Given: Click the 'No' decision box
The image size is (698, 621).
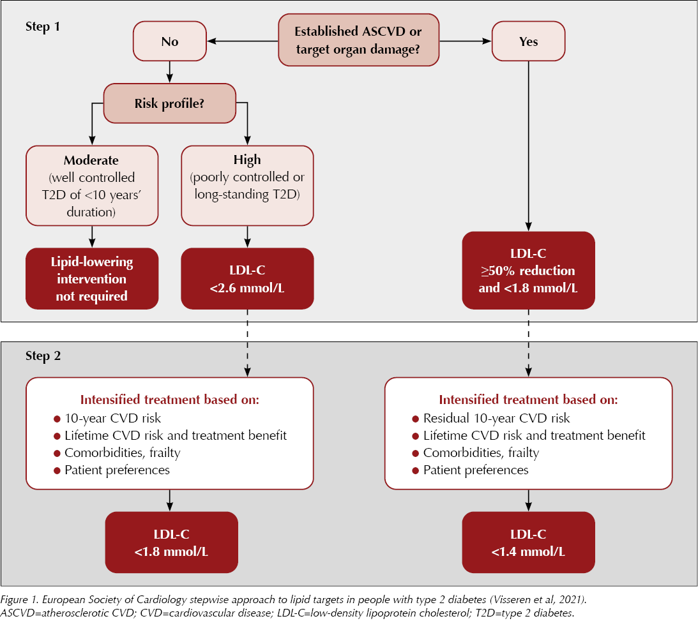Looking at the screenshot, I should (x=169, y=41).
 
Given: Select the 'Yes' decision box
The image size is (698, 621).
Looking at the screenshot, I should (x=528, y=41).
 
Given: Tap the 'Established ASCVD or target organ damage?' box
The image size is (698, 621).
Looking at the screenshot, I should (x=358, y=40).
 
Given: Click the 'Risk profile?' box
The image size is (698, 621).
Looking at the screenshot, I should (x=169, y=103).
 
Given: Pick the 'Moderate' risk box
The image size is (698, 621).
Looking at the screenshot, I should (x=91, y=186).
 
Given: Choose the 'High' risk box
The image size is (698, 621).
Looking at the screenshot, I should (x=247, y=186).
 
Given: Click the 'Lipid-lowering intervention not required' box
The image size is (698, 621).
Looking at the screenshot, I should (x=91, y=279).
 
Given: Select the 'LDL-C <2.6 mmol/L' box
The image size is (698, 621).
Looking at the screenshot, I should (x=247, y=279).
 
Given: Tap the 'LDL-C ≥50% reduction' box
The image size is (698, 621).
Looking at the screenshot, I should (x=528, y=271).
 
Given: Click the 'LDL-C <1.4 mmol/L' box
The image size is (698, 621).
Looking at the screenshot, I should (x=528, y=542).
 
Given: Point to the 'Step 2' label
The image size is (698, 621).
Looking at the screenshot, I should (x=43, y=356).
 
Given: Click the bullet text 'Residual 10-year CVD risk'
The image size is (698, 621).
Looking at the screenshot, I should (x=496, y=419).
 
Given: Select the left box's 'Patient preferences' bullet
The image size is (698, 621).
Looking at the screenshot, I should (x=116, y=470).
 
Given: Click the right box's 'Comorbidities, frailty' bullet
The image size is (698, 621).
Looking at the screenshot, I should (x=480, y=453).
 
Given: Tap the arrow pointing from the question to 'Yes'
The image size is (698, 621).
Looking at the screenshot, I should (x=464, y=41).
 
